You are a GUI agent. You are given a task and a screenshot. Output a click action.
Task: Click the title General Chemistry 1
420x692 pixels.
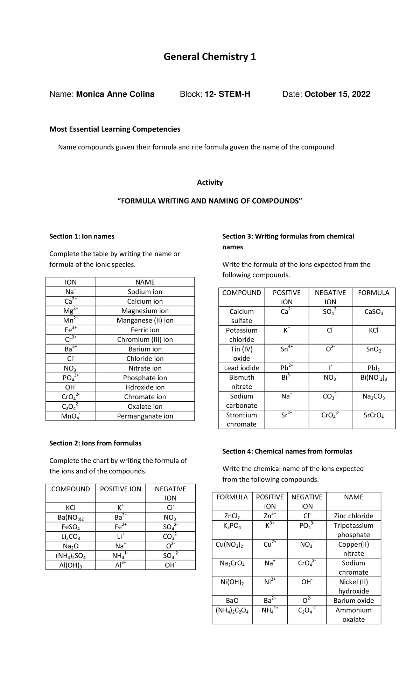210,57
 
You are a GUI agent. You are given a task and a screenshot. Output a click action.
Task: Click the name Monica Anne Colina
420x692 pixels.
115,94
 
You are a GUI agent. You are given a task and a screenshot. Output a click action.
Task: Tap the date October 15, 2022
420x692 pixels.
337,94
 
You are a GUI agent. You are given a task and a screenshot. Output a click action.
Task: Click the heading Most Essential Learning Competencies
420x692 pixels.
115,129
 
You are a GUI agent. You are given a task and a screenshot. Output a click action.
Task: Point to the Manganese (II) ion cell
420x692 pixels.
145,320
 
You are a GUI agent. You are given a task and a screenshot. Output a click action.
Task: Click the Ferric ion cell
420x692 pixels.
145,330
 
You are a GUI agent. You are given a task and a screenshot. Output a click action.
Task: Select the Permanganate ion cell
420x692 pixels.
145,416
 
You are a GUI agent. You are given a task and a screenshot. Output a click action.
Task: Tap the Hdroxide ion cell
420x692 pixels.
145,387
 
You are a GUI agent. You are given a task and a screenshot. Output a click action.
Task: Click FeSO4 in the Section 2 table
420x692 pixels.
70,527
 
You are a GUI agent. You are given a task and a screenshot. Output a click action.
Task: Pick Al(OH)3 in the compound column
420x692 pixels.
70,565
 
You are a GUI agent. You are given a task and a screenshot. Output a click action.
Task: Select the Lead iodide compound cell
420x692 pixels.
241,368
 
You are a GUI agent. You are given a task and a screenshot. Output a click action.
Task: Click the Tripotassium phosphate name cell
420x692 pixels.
353,530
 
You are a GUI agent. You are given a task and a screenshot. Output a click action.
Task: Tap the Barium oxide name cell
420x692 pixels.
353,601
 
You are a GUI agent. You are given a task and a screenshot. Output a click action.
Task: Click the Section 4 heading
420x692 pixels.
287,451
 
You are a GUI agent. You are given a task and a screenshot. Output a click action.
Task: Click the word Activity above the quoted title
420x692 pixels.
210,182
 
